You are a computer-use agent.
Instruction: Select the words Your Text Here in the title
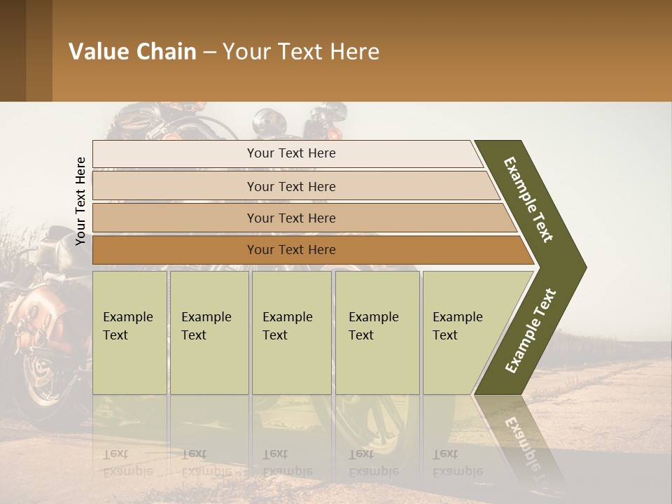301,52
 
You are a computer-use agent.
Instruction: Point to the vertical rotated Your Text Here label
80,201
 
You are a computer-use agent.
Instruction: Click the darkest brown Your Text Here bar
291,250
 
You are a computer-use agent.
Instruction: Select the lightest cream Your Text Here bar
291,153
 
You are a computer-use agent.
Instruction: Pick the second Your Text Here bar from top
291,186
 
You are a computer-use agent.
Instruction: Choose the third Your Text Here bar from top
291,218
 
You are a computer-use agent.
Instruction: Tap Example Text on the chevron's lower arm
531,331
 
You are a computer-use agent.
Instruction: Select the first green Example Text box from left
129,332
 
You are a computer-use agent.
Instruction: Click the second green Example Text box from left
209,332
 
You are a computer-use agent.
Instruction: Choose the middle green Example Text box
291,332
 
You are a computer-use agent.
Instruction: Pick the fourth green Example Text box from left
377,332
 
